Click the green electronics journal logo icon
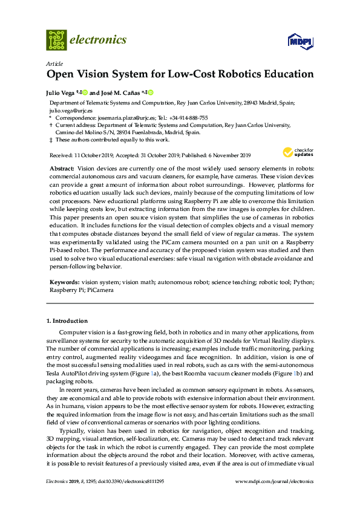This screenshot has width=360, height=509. (56, 40)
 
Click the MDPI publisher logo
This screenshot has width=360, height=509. (300, 41)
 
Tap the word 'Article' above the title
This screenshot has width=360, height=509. (53, 63)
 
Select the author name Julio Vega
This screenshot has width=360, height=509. (61, 92)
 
